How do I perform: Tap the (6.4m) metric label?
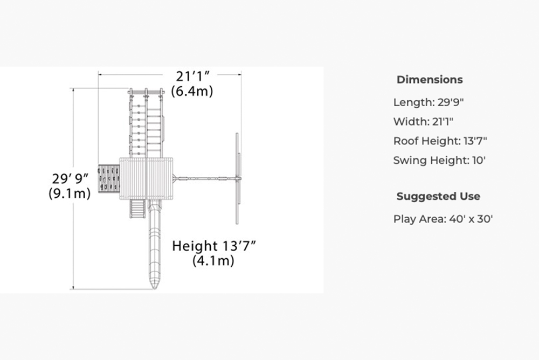click(x=192, y=91)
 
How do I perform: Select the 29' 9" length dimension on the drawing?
click(x=70, y=179)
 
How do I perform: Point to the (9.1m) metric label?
click(x=70, y=193)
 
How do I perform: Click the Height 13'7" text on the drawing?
click(x=214, y=246)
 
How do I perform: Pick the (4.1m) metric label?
click(x=213, y=261)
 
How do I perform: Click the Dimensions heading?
click(x=430, y=79)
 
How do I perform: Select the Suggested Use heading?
click(x=438, y=196)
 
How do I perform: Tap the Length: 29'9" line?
click(x=429, y=102)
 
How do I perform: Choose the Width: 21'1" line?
click(x=424, y=122)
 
